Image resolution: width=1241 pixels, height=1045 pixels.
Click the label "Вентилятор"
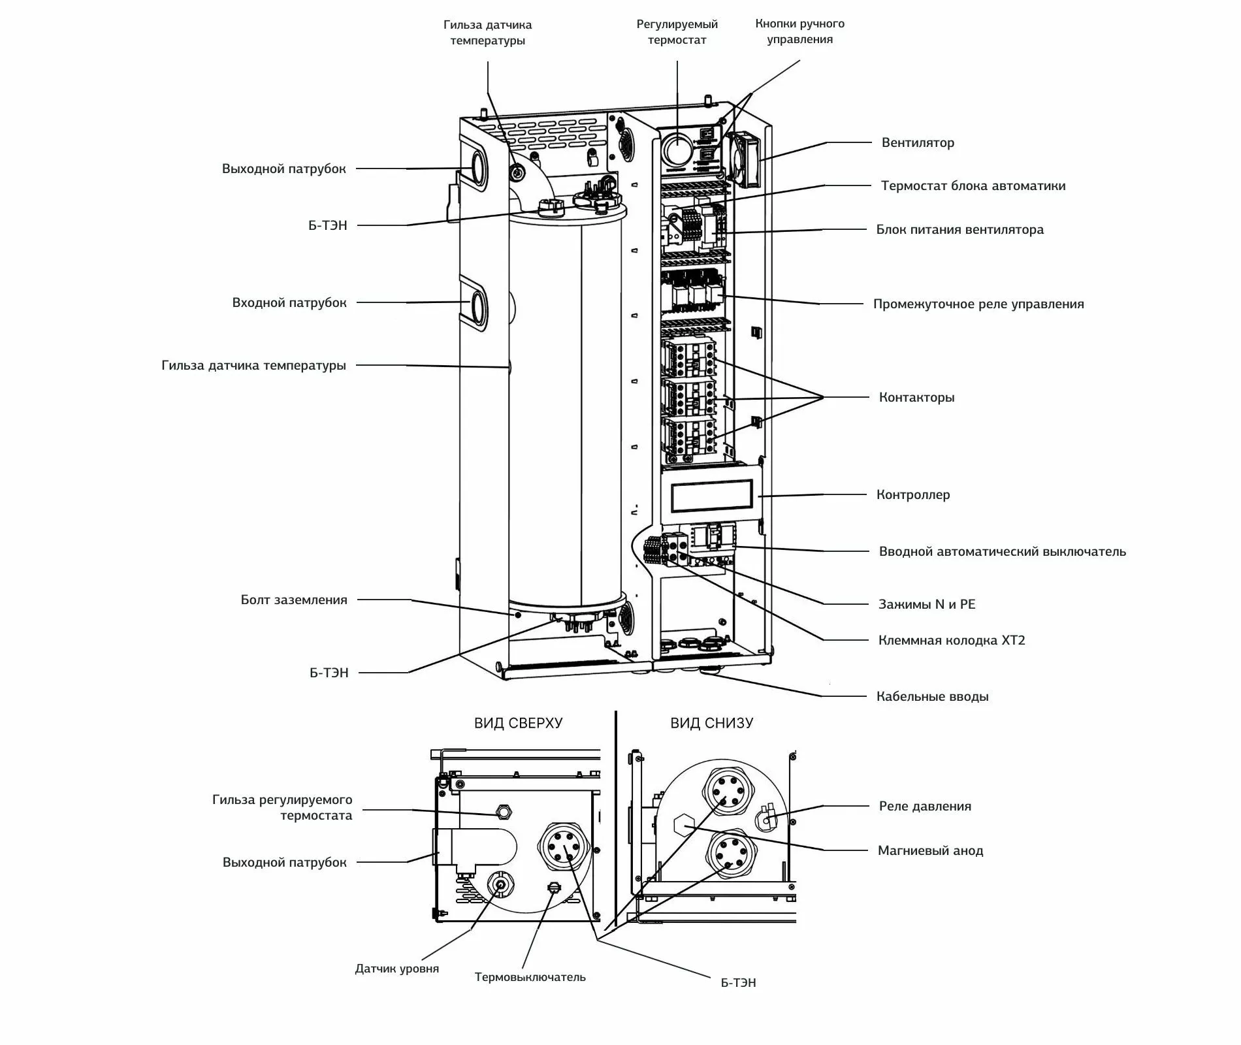pyautogui.click(x=918, y=142)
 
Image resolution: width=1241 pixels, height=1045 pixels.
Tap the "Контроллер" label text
pyautogui.click(x=913, y=494)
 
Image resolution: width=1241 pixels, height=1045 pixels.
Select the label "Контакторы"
pyautogui.click(x=916, y=397)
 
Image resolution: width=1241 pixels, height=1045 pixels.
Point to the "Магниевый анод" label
pyautogui.click(x=930, y=850)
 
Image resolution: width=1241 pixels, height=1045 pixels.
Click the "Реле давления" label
pyautogui.click(x=925, y=806)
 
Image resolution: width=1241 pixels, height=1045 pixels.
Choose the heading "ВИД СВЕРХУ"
pyautogui.click(x=518, y=723)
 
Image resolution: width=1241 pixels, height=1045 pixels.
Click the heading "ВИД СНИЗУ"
pyautogui.click(x=711, y=723)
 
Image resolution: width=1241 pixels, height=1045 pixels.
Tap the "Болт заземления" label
pyautogui.click(x=294, y=600)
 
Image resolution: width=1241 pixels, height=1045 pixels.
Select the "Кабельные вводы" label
pyautogui.click(x=932, y=696)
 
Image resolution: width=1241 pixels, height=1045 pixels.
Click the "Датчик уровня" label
pyautogui.click(x=397, y=969)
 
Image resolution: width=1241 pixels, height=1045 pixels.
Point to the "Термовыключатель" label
pyautogui.click(x=530, y=977)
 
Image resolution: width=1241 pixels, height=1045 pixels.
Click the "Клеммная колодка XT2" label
pyautogui.click(x=952, y=640)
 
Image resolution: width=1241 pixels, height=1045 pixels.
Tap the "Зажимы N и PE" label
pyautogui.click(x=927, y=604)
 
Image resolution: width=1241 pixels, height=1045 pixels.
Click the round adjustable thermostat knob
pyautogui.click(x=677, y=150)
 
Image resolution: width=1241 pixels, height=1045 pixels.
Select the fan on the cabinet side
pyautogui.click(x=744, y=159)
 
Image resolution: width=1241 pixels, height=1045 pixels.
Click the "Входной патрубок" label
pyautogui.click(x=289, y=302)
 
